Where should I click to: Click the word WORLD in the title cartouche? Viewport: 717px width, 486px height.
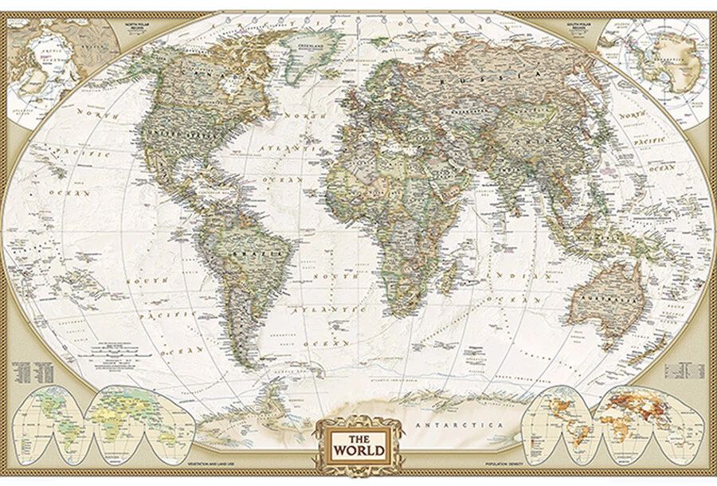358,450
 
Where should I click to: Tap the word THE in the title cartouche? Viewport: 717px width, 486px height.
358,437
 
